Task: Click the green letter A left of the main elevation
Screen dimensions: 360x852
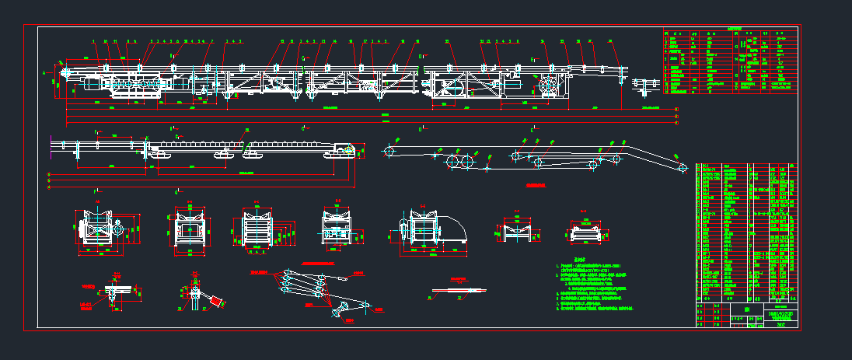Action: click(44, 72)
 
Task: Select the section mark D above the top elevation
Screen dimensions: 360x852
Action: click(420, 56)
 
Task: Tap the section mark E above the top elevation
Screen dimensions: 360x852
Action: click(532, 59)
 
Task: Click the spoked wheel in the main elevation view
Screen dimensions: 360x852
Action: click(549, 85)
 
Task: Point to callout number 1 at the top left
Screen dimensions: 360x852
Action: click(93, 40)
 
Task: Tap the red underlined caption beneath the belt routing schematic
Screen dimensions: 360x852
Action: click(536, 186)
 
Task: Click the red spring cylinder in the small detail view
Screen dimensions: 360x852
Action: click(214, 300)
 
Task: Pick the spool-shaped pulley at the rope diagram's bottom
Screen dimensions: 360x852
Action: click(340, 313)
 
